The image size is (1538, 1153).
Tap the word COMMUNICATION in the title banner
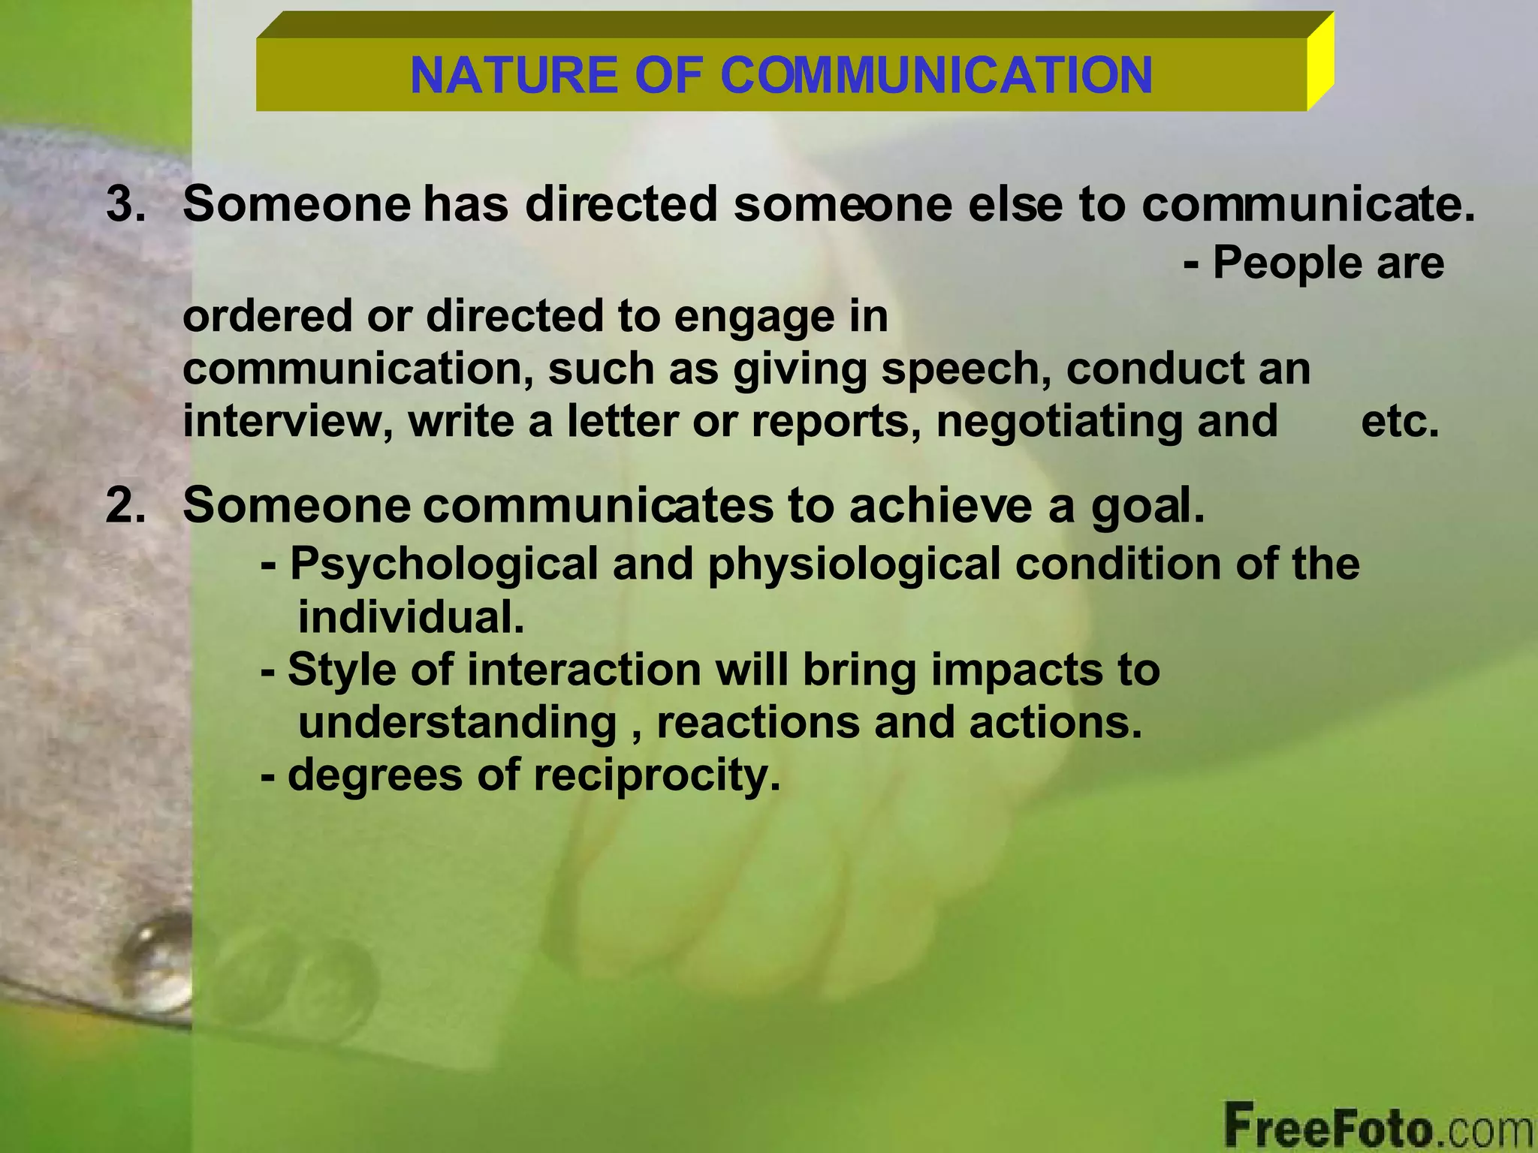point(936,75)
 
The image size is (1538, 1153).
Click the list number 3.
point(125,204)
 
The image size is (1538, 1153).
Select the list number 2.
point(125,506)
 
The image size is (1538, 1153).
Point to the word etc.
point(1400,421)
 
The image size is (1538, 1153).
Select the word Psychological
point(444,564)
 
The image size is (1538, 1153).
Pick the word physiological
point(854,564)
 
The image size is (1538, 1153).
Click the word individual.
point(411,618)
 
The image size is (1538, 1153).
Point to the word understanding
point(457,723)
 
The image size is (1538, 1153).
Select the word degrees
point(375,775)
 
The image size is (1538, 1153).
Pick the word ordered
point(267,316)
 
